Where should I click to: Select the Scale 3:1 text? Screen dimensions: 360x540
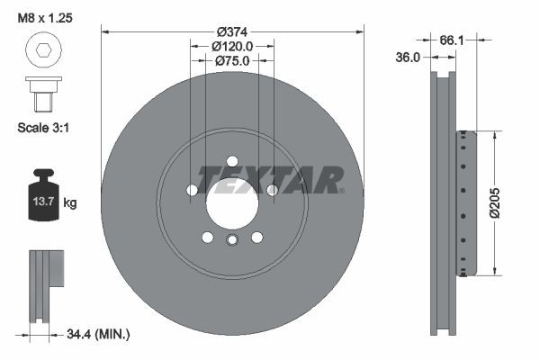click(44, 128)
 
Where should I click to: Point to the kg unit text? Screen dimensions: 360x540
click(70, 203)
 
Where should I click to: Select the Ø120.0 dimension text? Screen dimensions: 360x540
click(232, 45)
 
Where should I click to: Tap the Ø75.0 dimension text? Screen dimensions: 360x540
click(232, 60)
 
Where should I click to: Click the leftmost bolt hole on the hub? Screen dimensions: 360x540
click(192, 190)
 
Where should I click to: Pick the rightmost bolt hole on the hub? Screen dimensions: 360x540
click(273, 190)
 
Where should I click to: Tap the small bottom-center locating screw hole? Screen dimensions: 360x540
click(232, 239)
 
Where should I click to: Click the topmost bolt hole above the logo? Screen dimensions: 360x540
click(232, 161)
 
